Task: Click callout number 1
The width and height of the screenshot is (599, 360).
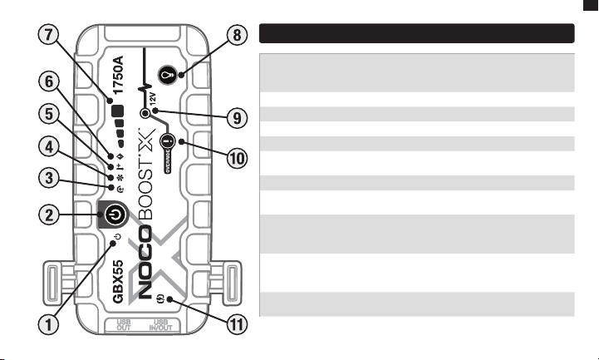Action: point(48,324)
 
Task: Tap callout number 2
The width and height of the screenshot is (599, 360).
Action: point(49,215)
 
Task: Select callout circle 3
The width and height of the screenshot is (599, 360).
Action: point(49,178)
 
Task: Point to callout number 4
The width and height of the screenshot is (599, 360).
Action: point(49,147)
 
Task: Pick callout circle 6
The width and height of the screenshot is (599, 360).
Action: point(49,81)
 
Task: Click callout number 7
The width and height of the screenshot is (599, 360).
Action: point(48,35)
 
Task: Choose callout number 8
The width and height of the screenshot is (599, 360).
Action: point(238,35)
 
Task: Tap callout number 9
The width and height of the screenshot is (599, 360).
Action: point(238,118)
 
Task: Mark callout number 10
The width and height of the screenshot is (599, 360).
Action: point(238,157)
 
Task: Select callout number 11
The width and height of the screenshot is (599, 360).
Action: point(238,324)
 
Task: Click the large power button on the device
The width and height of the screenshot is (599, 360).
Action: point(114,215)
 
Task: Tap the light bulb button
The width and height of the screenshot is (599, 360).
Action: point(167,74)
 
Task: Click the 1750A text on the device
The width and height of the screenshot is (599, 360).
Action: point(119,75)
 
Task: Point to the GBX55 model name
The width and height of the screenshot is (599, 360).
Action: point(119,281)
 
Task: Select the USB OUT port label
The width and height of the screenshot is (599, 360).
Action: point(124,325)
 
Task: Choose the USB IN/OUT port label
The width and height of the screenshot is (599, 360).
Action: point(161,325)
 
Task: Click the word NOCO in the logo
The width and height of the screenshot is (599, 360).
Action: point(145,264)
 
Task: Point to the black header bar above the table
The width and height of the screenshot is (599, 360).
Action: point(417,33)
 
